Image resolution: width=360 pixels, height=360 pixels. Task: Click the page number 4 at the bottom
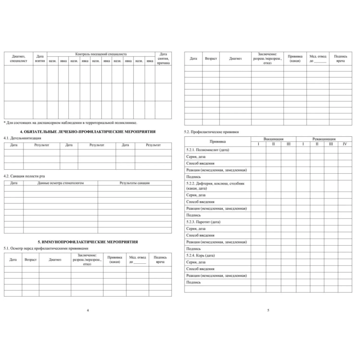coord(88,310)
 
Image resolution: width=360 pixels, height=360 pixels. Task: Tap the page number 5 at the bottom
coord(268,310)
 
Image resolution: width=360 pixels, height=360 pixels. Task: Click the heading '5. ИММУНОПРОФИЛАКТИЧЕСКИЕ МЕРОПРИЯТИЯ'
coord(88,242)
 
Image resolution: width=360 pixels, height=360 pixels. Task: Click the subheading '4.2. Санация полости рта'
coord(24,176)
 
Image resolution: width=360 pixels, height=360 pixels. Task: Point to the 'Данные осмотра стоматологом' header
coord(61,183)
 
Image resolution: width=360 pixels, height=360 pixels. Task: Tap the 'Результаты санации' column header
coord(135,183)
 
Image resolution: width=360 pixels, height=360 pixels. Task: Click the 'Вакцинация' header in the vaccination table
coord(273,139)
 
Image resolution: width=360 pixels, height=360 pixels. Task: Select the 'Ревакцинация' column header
coord(323,139)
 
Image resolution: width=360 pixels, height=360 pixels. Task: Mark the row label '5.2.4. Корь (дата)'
coord(201,255)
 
